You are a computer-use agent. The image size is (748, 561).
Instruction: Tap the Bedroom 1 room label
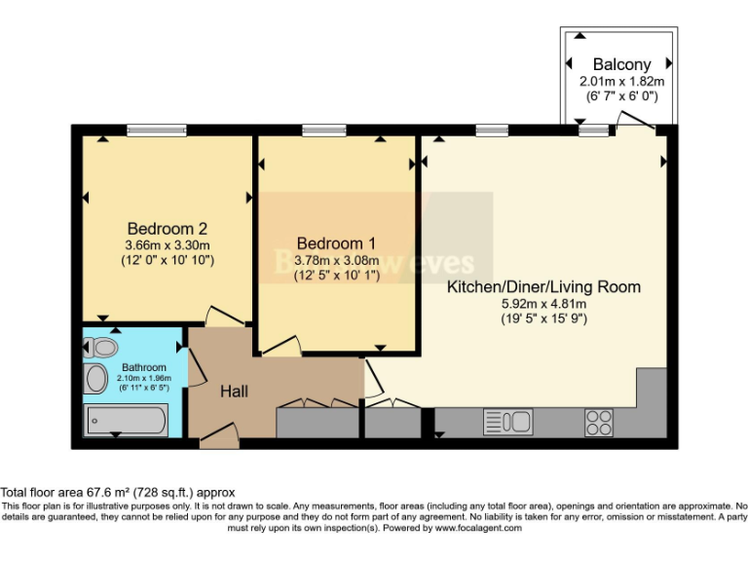click(x=336, y=243)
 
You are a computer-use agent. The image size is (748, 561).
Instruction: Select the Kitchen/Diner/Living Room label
click(x=543, y=286)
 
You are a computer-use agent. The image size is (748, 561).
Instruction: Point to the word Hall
click(x=234, y=392)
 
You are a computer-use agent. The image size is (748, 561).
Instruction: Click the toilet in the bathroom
click(x=100, y=347)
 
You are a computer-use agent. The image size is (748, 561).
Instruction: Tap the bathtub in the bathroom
click(x=127, y=421)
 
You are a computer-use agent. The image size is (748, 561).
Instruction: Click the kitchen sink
click(x=507, y=422)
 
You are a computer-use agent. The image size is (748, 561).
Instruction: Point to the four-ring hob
click(x=599, y=422)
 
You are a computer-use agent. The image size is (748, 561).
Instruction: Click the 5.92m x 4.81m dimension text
click(x=542, y=303)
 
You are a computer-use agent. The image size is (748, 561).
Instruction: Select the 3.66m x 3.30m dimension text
click(x=168, y=244)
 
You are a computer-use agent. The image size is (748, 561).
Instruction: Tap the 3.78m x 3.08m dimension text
click(x=336, y=259)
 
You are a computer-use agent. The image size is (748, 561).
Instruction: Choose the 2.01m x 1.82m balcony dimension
click(x=621, y=81)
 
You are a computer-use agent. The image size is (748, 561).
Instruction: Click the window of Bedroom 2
click(x=156, y=130)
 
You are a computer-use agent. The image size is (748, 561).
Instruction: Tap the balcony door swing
click(x=636, y=120)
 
